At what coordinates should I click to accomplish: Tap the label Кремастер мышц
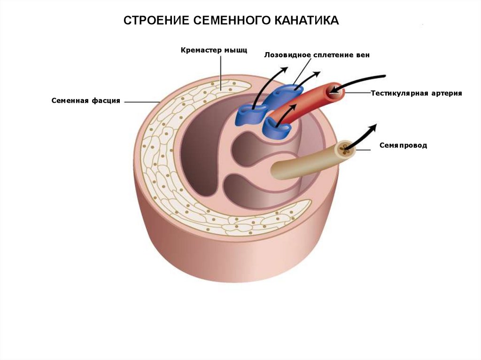pyautogui.click(x=214, y=49)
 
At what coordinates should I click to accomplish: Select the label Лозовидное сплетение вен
pyautogui.click(x=317, y=55)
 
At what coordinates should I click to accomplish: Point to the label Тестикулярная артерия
pyautogui.click(x=417, y=93)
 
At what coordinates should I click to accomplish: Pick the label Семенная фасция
pyautogui.click(x=86, y=101)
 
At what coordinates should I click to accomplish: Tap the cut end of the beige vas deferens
pyautogui.click(x=346, y=149)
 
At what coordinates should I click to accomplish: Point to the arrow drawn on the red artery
pyautogui.click(x=287, y=115)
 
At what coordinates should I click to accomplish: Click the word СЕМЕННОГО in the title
pyautogui.click(x=229, y=21)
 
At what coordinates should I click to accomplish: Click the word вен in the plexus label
pyautogui.click(x=363, y=55)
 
